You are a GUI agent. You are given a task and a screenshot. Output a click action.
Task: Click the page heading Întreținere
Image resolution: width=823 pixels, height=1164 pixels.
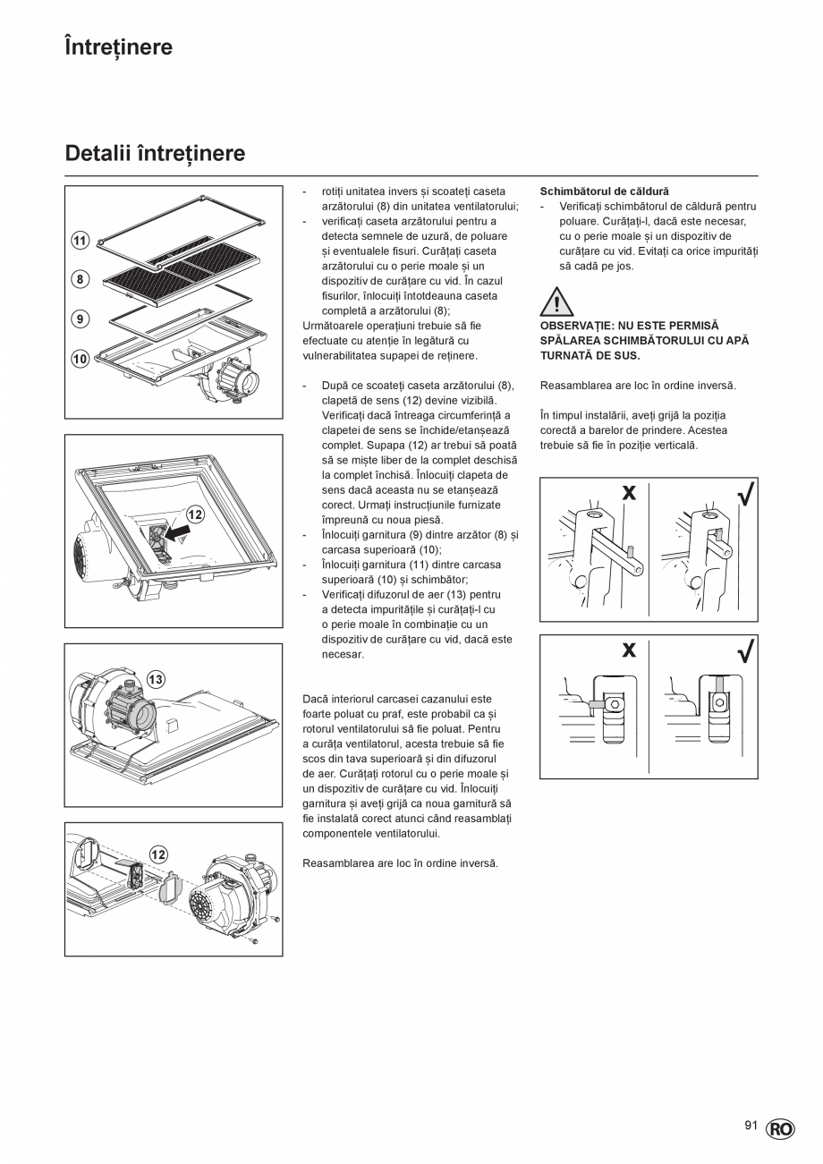[118, 47]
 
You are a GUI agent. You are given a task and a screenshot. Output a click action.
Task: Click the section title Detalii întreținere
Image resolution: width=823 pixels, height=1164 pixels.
[155, 154]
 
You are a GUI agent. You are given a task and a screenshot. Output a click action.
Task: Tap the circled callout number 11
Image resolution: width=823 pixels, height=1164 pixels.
[80, 241]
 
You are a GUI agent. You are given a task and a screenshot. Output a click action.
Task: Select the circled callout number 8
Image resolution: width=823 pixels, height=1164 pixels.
[80, 279]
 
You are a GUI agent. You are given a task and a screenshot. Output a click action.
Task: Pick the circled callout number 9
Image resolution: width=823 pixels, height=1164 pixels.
[80, 318]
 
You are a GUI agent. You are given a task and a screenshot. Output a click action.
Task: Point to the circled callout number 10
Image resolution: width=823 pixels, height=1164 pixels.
[80, 359]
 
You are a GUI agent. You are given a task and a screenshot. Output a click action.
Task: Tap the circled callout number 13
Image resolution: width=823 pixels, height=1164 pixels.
[156, 680]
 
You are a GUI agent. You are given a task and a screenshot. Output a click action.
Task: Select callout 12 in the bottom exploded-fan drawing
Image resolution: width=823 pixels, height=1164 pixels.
[157, 854]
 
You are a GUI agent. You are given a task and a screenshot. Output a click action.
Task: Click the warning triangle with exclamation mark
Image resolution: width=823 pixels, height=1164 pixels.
[556, 302]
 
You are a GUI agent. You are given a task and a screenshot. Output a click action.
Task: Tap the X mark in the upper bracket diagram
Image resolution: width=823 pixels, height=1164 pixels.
[629, 493]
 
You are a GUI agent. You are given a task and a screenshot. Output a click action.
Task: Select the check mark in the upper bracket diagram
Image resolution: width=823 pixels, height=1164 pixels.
[744, 495]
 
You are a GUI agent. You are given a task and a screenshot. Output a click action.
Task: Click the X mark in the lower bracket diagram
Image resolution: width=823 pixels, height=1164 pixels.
[629, 650]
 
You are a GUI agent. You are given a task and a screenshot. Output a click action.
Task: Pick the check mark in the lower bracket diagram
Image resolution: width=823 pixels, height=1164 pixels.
[744, 652]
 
